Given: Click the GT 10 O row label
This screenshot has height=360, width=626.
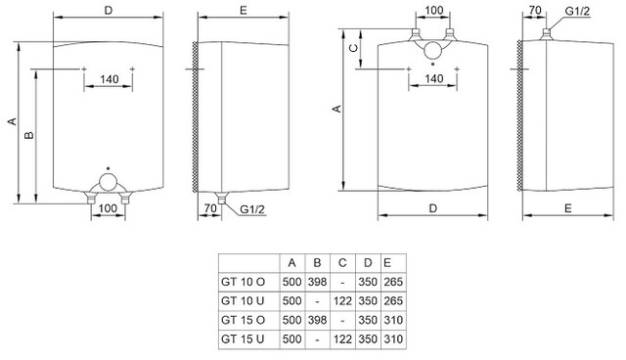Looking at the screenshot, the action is pyautogui.click(x=243, y=282).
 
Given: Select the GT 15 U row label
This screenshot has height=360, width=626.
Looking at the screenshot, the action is pyautogui.click(x=243, y=339).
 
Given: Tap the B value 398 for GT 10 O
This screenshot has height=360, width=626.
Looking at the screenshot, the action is pyautogui.click(x=317, y=282).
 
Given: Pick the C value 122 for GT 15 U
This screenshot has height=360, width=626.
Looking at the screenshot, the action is pyautogui.click(x=342, y=339).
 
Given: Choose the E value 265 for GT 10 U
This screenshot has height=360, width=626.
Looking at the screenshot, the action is pyautogui.click(x=393, y=301).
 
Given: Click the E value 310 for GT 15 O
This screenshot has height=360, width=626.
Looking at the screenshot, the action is pyautogui.click(x=393, y=320).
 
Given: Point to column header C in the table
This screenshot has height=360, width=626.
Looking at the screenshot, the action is pyautogui.click(x=342, y=263).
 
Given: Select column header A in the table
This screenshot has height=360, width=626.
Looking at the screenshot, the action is pyautogui.click(x=291, y=263).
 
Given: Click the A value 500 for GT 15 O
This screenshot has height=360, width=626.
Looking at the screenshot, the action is pyautogui.click(x=291, y=320).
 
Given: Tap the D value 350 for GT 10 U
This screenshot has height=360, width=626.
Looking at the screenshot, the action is pyautogui.click(x=368, y=301).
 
